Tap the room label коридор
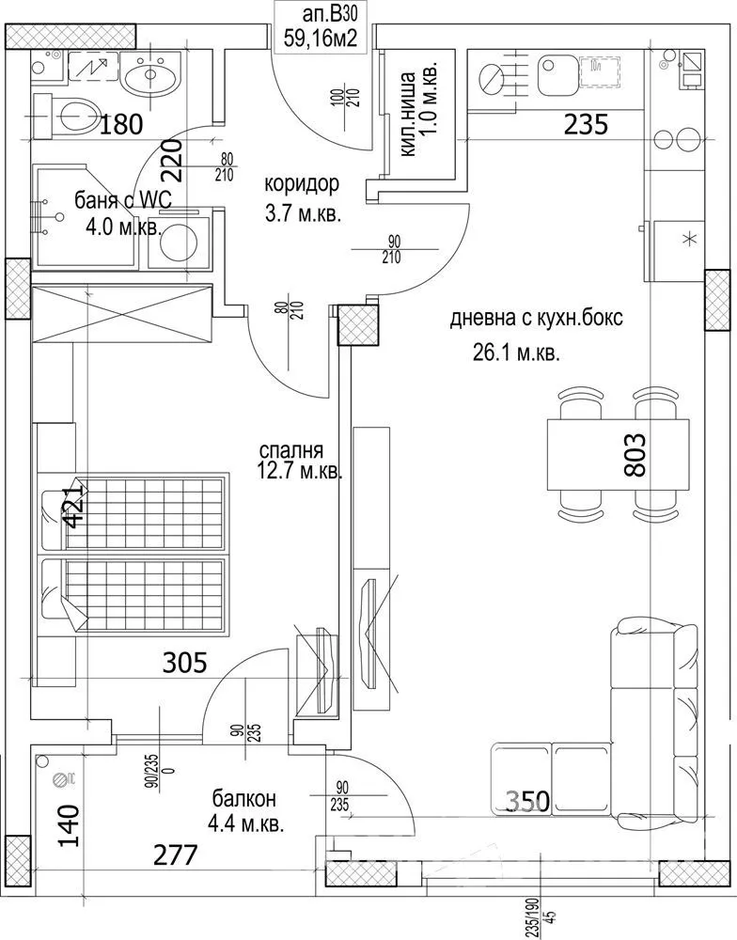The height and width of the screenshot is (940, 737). coord(302,183)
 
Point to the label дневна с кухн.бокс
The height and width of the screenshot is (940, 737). coord(536,319)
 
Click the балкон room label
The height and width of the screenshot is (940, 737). coord(243,799)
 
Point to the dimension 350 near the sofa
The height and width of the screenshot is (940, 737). coord(527,801)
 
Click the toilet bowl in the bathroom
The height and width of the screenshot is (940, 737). coord(73,117)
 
